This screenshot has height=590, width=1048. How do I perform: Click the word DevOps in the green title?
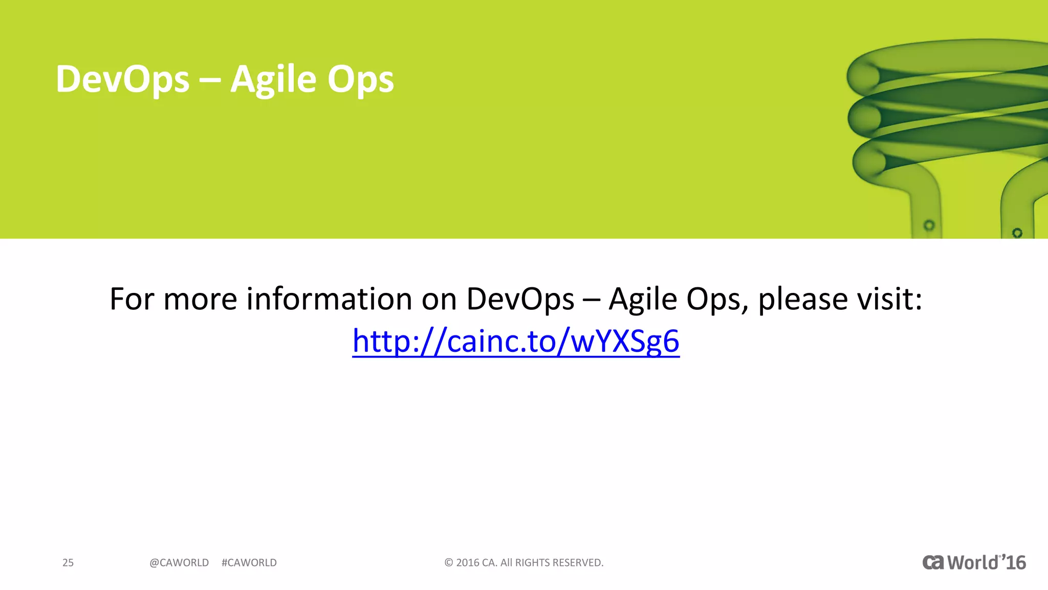[122, 79]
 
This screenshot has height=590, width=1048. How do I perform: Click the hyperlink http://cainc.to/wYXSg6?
[516, 341]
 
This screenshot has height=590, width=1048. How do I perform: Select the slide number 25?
[68, 563]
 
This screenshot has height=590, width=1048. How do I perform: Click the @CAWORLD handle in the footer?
[179, 563]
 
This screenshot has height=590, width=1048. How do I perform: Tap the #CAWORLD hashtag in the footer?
[249, 563]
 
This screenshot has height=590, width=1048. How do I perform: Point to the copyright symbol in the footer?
[449, 563]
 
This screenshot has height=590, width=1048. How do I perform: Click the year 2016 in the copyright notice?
[468, 563]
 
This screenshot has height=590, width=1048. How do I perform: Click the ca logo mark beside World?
[933, 562]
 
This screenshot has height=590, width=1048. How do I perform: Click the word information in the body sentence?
[329, 299]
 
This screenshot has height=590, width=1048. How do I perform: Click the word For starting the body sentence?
[132, 299]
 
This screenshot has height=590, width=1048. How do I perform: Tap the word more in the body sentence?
[200, 299]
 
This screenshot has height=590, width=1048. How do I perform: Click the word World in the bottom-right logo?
[972, 562]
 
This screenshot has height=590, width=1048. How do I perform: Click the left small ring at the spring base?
[929, 225]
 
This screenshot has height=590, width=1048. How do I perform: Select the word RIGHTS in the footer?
[532, 563]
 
